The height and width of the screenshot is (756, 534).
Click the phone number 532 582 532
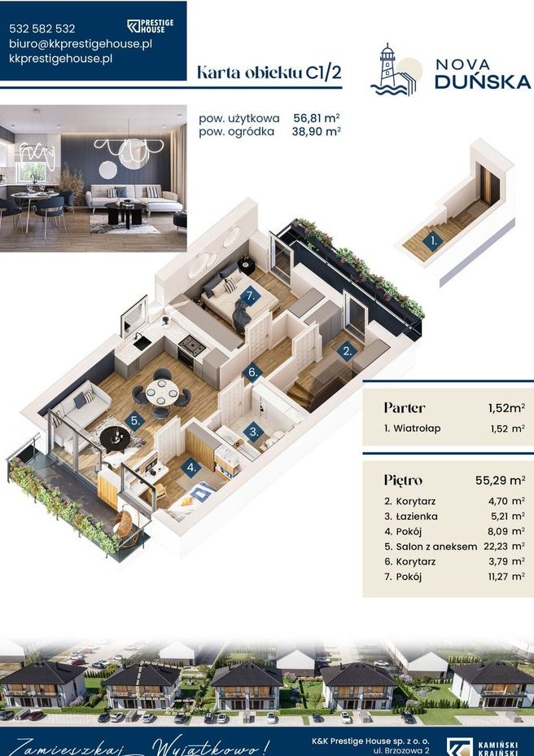pyautogui.click(x=42, y=29)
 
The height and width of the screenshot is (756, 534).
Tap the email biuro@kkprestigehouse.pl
pyautogui.click(x=81, y=43)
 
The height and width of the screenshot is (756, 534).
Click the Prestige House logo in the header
pyautogui.click(x=150, y=26)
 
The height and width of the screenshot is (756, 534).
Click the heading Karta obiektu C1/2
pyautogui.click(x=269, y=73)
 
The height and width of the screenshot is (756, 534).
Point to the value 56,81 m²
pyautogui.click(x=316, y=117)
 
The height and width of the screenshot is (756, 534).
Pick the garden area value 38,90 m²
pyautogui.click(x=316, y=131)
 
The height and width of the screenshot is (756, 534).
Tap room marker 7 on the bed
pyautogui.click(x=250, y=296)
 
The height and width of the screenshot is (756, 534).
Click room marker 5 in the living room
pyautogui.click(x=135, y=420)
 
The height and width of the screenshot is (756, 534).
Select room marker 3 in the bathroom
pyautogui.click(x=253, y=431)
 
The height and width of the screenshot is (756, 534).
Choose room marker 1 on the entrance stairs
pyautogui.click(x=433, y=241)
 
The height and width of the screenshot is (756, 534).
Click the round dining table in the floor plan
pyautogui.click(x=163, y=393)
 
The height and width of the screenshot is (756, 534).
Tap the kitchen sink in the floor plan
pyautogui.click(x=142, y=342)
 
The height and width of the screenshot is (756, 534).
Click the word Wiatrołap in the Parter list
pyautogui.click(x=417, y=429)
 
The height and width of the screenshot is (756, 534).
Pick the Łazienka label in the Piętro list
pyautogui.click(x=417, y=516)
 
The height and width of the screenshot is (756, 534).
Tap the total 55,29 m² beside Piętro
pyautogui.click(x=501, y=480)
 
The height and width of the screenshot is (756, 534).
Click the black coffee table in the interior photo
pyautogui.click(x=125, y=212)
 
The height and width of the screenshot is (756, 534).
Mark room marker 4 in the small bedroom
pyautogui.click(x=191, y=467)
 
